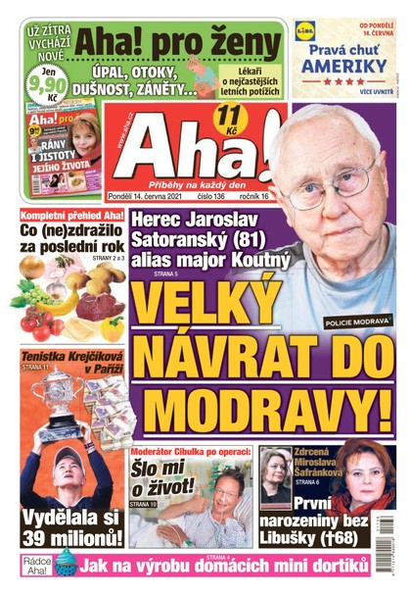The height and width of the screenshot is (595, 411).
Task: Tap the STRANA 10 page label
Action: tap(141, 503)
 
